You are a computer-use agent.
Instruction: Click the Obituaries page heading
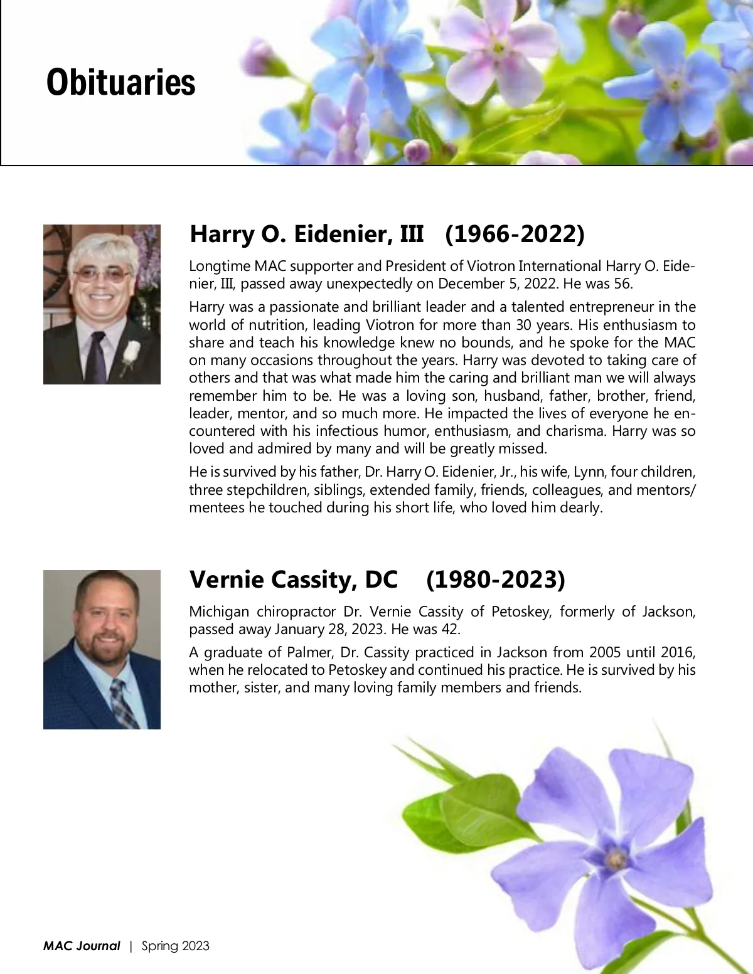pyautogui.click(x=120, y=82)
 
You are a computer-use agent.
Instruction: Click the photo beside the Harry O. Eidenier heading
pyautogui.click(x=102, y=304)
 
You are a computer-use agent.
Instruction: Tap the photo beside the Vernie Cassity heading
pyautogui.click(x=102, y=649)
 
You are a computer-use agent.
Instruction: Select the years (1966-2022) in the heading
pyautogui.click(x=515, y=234)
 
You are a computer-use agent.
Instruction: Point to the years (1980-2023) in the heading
pyautogui.click(x=496, y=580)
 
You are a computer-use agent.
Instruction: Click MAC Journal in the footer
pyautogui.click(x=82, y=946)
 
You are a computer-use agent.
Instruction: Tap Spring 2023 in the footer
pyautogui.click(x=176, y=946)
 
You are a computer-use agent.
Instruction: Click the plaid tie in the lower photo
pyautogui.click(x=123, y=702)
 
